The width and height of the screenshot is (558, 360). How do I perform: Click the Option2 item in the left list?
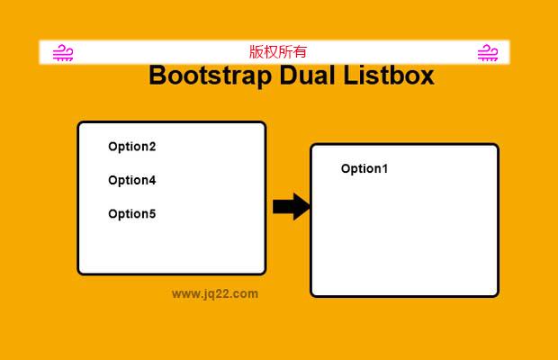131,147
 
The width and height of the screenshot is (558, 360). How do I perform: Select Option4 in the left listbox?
131,180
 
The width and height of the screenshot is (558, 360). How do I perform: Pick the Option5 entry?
131,214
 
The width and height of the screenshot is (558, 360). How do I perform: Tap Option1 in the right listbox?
364,169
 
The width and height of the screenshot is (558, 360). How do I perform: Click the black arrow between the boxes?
291,207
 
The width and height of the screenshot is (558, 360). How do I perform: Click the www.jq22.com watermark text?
215,293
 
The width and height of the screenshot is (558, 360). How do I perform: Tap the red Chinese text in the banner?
278,52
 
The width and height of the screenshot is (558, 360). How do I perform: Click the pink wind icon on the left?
63,53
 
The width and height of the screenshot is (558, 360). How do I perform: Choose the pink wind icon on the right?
487,53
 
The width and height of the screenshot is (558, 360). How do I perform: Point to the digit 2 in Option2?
152,147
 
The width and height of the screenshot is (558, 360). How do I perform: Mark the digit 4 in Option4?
152,180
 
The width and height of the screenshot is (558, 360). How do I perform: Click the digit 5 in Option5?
152,214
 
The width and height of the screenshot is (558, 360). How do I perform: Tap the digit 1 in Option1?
384,169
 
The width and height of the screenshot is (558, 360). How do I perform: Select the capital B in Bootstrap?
157,76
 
